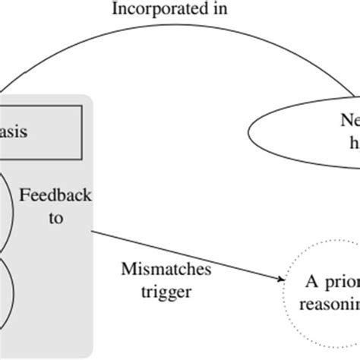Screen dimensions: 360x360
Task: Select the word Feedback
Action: tap(55, 196)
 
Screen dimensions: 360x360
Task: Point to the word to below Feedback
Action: tap(54, 219)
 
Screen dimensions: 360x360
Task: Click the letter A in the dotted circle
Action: tap(313, 283)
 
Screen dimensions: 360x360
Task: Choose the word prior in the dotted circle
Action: tap(341, 283)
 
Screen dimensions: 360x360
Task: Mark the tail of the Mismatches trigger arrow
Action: tap(94, 232)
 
